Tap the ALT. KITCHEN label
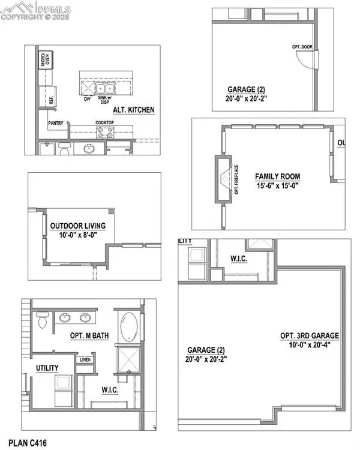pos(136,110)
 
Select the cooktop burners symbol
pos(106,134)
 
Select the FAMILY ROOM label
pos(277,176)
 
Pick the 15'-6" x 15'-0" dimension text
pos(277,185)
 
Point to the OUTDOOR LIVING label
pos(78,226)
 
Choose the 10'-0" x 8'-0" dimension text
pos(78,235)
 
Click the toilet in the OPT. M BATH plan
pos(42,321)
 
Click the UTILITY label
pos(47,368)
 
